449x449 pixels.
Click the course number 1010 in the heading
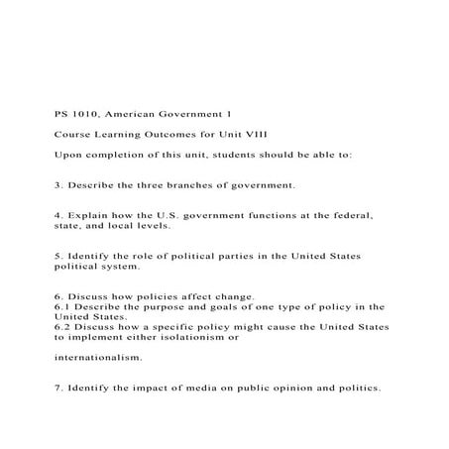click(x=82, y=115)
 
